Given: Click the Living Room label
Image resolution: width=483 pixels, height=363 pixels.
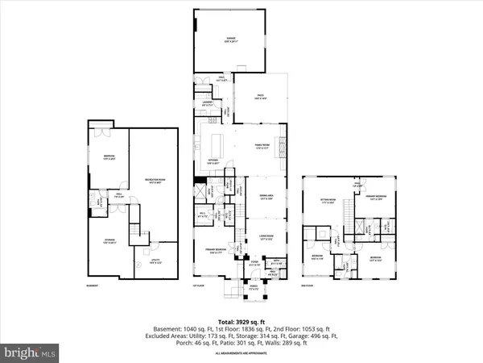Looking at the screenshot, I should (266, 238).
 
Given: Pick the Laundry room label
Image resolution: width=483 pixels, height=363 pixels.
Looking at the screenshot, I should (208, 103).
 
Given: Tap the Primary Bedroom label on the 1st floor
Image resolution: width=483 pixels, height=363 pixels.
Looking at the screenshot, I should (213, 252).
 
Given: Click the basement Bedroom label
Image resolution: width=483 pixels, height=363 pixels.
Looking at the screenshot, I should (109, 156).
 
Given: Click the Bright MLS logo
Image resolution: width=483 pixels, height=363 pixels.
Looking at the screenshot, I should (31, 353).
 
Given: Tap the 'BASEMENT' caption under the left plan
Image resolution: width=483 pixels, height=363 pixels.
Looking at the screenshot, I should (93, 286).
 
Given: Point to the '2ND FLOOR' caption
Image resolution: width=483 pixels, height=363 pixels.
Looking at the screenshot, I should (307, 286).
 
